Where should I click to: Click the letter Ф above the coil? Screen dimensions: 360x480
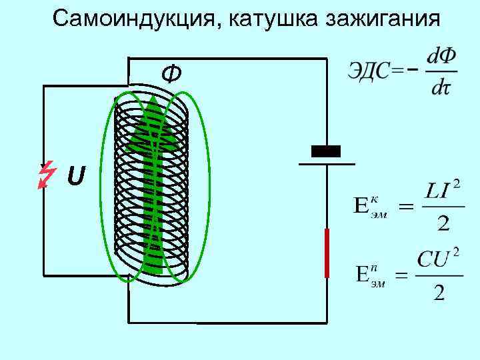coord(171,74)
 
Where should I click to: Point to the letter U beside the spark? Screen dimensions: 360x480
coord(76,177)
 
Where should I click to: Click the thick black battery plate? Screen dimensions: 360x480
coord(326,151)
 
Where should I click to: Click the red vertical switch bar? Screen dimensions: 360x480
coord(327,253)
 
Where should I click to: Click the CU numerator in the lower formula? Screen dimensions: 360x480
coord(432,259)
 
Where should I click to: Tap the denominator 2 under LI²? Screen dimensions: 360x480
coord(442,223)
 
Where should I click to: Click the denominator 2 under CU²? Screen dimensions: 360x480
coord(439,291)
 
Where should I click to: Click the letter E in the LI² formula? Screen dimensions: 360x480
coord(361,205)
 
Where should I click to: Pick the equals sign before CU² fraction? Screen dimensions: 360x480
coord(402,275)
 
